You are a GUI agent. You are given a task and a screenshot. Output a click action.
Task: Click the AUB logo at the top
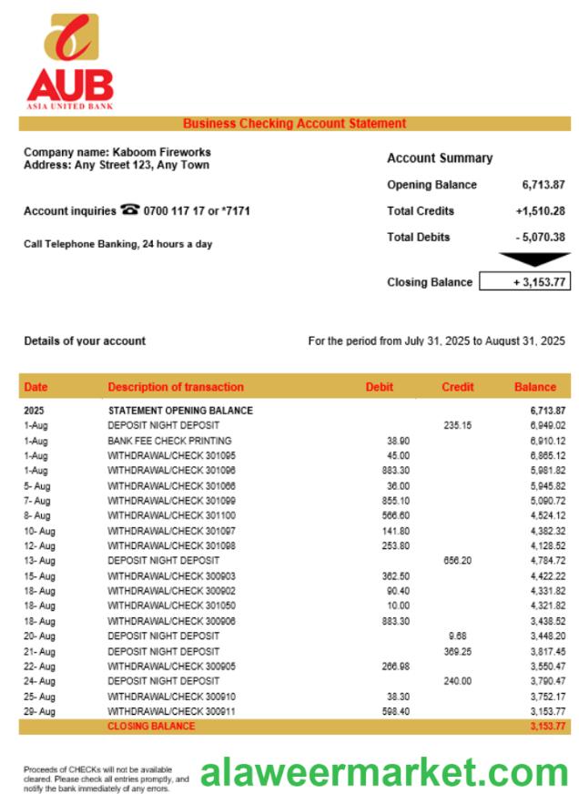70,61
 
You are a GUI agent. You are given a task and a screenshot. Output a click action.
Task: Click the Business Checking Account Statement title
294,124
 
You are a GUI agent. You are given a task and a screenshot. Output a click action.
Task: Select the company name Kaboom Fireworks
161,152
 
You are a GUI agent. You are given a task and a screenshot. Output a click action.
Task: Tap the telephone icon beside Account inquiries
130,210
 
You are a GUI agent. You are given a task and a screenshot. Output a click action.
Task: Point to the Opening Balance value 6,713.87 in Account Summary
543,185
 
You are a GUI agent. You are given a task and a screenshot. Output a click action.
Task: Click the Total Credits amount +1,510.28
540,211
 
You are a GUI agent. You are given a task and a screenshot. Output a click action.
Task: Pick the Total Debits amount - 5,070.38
540,238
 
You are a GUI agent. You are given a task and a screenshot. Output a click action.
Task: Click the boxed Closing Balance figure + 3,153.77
524,282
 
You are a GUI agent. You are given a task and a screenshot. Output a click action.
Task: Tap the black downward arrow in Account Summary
535,260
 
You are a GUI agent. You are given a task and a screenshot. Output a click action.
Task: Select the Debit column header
379,387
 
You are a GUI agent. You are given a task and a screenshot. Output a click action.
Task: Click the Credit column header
457,387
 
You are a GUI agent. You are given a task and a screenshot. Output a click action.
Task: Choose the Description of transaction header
176,387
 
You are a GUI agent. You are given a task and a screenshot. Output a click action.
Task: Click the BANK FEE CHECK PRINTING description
169,441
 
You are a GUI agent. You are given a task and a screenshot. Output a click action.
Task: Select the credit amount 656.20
457,561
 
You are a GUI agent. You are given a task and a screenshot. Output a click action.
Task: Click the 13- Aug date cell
39,561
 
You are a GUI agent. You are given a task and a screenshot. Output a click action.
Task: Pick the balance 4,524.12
547,515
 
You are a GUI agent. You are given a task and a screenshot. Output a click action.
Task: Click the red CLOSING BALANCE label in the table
151,727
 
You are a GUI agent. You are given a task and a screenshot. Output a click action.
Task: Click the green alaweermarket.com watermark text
384,773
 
